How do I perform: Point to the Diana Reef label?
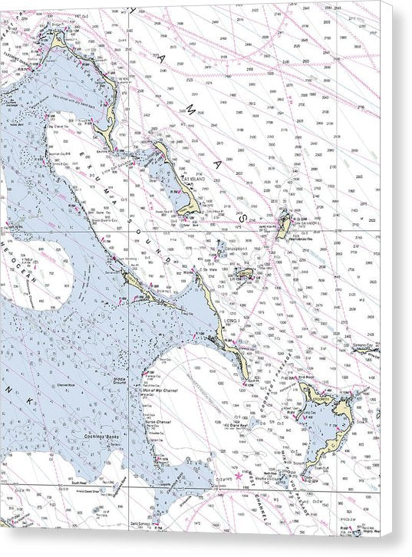(x=247, y=425)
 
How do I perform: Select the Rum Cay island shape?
(x=244, y=274)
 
